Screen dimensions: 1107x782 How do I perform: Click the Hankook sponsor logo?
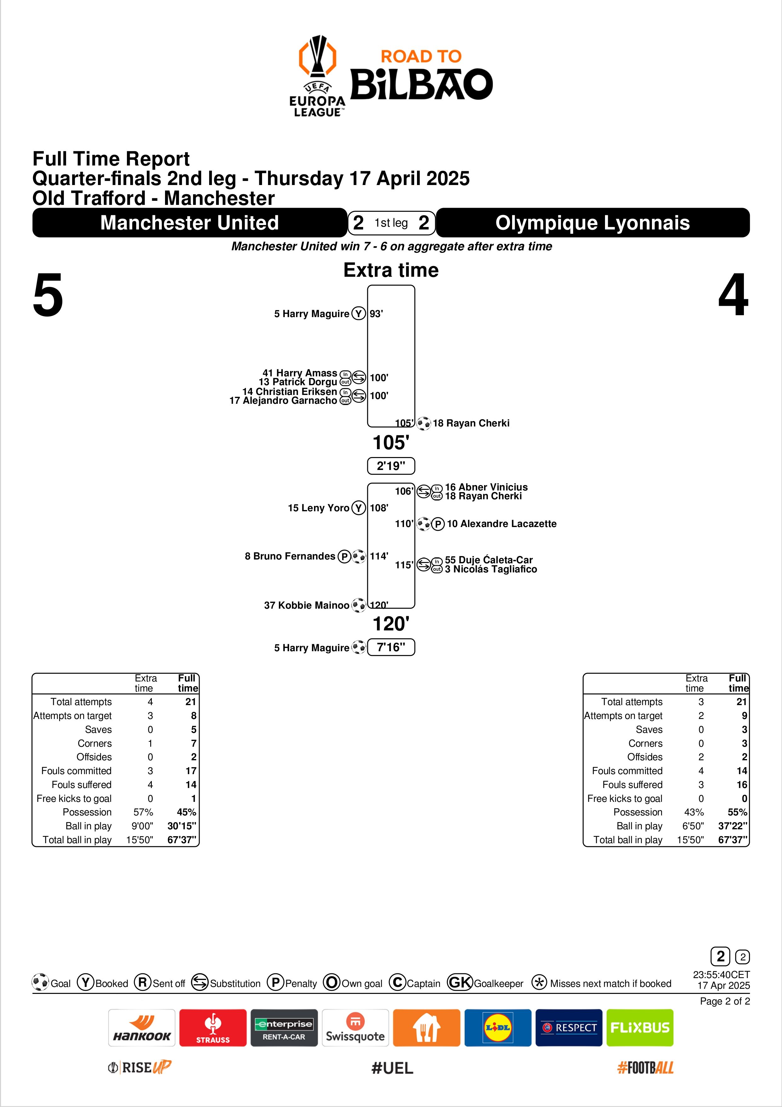click(142, 1028)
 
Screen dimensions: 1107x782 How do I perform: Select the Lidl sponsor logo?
click(497, 1028)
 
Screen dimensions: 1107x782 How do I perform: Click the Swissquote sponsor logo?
click(355, 1028)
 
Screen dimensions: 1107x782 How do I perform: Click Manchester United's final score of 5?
click(48, 295)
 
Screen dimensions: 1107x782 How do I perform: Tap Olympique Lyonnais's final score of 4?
click(733, 295)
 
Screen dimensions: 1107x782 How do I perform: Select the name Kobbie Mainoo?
click(306, 605)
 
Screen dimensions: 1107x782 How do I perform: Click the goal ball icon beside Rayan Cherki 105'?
click(424, 423)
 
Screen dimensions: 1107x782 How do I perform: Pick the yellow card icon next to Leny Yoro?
click(358, 508)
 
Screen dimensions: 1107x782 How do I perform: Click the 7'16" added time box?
click(391, 647)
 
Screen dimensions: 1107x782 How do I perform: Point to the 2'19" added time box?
click(391, 466)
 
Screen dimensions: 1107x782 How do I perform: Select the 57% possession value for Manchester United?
click(143, 812)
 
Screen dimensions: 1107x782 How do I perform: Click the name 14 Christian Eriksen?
click(289, 391)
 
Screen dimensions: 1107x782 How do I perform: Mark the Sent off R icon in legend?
click(143, 982)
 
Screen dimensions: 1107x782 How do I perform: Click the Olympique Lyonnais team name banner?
click(593, 223)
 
